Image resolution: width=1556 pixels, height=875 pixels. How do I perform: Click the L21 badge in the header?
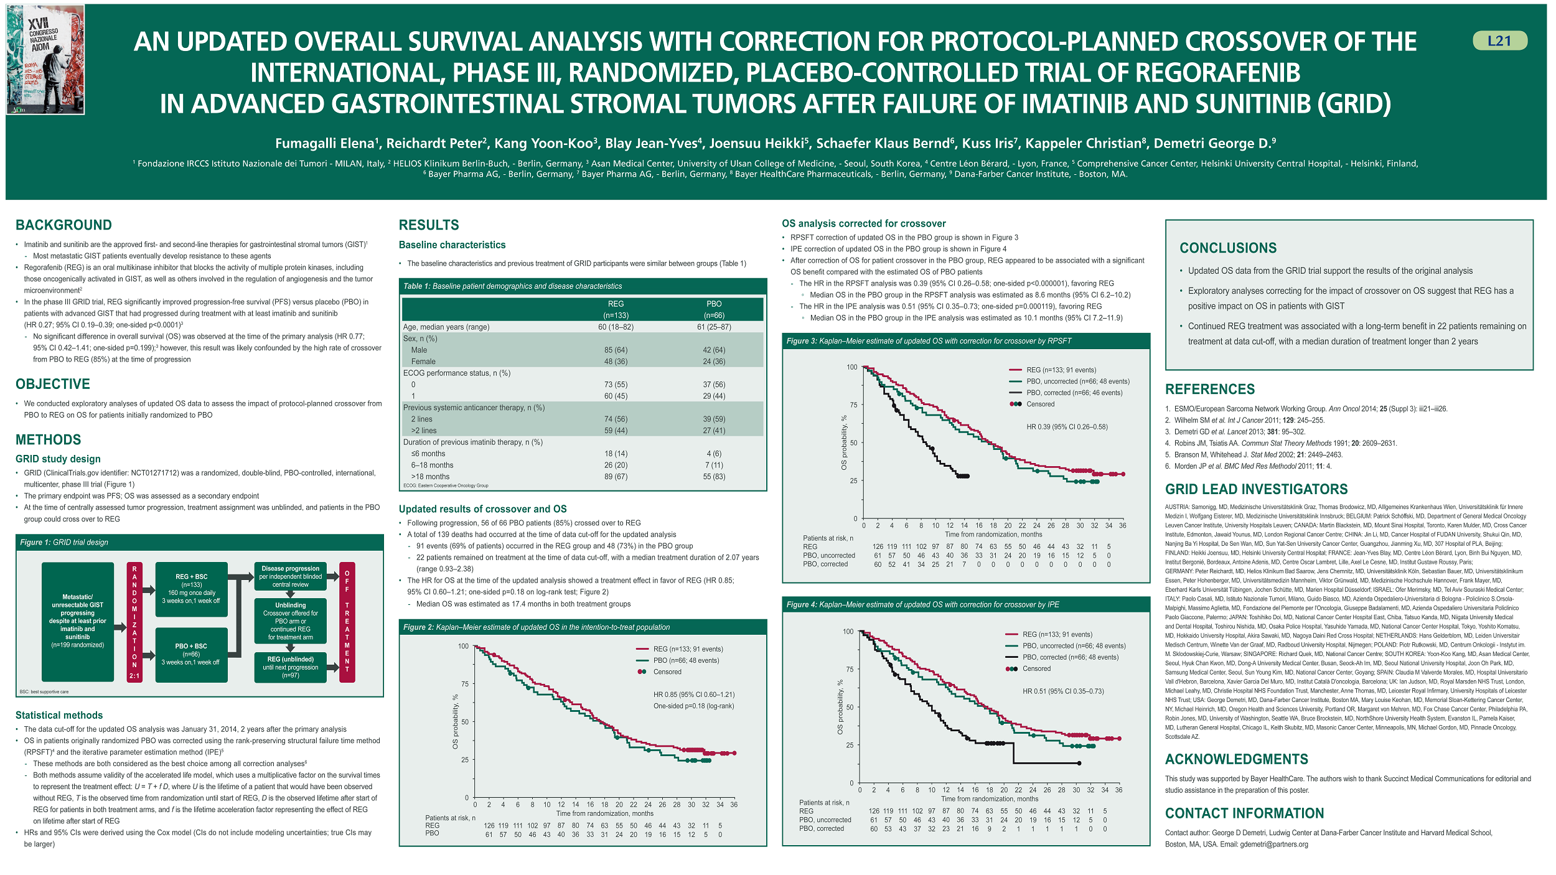coord(1499,41)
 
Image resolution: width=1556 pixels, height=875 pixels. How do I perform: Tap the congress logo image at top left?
coord(45,60)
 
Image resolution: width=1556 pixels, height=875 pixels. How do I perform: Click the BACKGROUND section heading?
coord(63,225)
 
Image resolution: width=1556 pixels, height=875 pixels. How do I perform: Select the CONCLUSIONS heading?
coord(1228,248)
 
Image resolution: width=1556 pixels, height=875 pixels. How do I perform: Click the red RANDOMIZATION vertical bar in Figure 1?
coord(134,622)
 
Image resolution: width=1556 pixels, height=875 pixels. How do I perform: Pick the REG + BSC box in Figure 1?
coord(191,589)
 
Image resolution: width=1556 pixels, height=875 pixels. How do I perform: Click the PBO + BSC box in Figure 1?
coord(190,654)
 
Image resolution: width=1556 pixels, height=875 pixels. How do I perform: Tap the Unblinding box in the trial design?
coord(290,620)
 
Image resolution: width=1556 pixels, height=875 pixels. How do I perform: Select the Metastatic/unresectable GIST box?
coord(78,621)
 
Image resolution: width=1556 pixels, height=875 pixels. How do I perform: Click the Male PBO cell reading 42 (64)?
coord(714,350)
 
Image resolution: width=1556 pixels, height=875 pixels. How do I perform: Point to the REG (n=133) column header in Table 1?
coord(616,309)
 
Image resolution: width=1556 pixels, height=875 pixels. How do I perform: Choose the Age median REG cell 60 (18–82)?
coord(616,327)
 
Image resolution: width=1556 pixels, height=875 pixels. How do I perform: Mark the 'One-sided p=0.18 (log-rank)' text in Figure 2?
coord(693,706)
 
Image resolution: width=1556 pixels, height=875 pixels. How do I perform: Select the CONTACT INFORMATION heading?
coord(1244,813)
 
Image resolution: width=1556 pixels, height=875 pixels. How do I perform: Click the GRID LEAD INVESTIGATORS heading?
coord(1256,489)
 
